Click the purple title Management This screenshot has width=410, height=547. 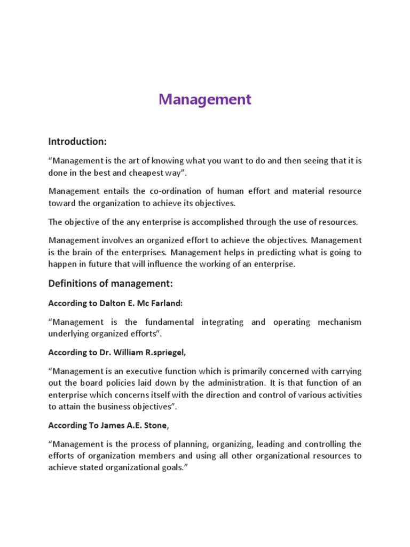coord(205,99)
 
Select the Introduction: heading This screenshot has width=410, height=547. coord(78,142)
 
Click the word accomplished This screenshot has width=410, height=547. coord(220,222)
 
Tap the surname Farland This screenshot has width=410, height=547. coord(166,303)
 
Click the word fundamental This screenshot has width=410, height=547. coord(165,322)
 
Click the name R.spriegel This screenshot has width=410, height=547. coord(166,353)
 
